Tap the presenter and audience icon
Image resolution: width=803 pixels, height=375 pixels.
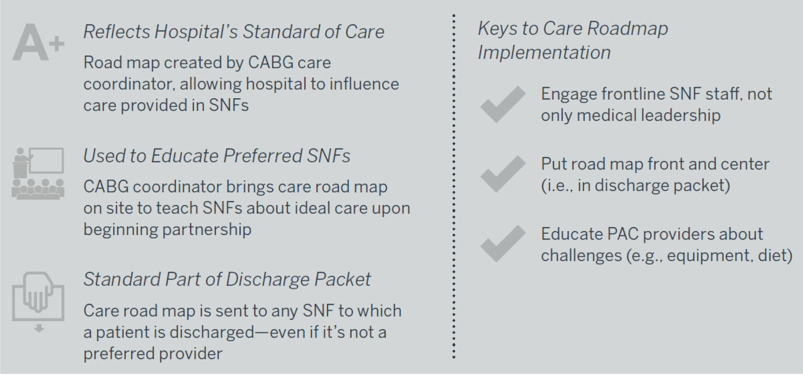(x=38, y=173)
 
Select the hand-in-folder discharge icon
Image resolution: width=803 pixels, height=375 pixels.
(x=38, y=297)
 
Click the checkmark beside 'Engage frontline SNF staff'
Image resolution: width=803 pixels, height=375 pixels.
(x=503, y=104)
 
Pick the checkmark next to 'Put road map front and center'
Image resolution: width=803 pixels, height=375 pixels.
(x=503, y=174)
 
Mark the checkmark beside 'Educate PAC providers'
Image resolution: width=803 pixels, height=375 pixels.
(x=503, y=244)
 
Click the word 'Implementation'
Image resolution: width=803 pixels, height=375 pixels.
(x=544, y=52)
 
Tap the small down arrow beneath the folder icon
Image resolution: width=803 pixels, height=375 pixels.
(x=39, y=328)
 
